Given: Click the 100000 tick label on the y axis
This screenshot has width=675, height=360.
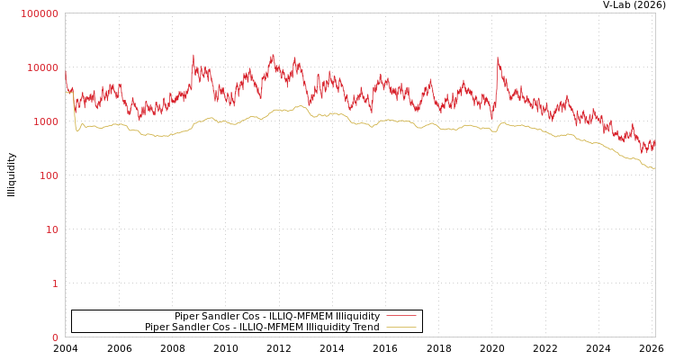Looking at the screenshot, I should point(40,13).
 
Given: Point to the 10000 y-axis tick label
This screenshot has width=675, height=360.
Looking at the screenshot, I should point(42,67).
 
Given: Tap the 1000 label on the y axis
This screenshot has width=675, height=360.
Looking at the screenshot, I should point(45,121).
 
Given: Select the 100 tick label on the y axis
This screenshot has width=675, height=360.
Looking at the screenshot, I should point(48,175).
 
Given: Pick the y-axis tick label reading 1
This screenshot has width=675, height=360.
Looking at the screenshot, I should point(55,283).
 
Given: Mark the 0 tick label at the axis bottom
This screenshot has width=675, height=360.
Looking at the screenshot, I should point(55,337).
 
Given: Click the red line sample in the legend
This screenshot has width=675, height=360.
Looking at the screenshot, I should point(400,316).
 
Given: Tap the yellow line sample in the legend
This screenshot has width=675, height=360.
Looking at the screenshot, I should point(400,328).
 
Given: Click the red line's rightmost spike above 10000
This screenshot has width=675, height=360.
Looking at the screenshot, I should point(498,59).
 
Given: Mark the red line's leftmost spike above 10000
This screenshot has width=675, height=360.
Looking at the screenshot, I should point(193,55).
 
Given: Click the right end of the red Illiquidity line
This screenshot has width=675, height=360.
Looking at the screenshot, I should point(654,142).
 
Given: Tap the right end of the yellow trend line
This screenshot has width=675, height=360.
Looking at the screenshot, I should point(654,168).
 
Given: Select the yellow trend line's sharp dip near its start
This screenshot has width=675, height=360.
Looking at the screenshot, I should point(77,131).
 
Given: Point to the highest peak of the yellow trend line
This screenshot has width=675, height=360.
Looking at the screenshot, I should point(299,105).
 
